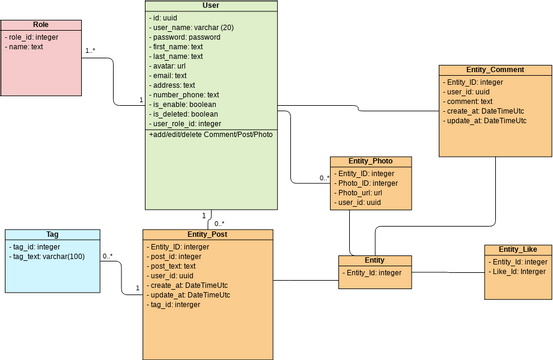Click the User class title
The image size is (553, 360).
tap(210, 6)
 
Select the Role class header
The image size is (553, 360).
tap(40, 24)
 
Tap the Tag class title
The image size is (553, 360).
tap(52, 235)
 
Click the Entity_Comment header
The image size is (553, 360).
tap(495, 70)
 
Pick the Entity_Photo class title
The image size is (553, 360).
tap(370, 161)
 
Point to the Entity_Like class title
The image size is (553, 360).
tap(517, 249)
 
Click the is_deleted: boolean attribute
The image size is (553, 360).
tap(185, 114)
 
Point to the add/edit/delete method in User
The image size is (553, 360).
tap(210, 134)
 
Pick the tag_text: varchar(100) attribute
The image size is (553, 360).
tap(48, 257)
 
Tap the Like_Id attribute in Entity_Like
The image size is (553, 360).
tap(517, 271)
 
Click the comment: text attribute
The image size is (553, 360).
tap(469, 101)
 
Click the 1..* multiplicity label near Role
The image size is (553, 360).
tap(90, 51)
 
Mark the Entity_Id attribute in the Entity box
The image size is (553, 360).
tap(373, 272)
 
